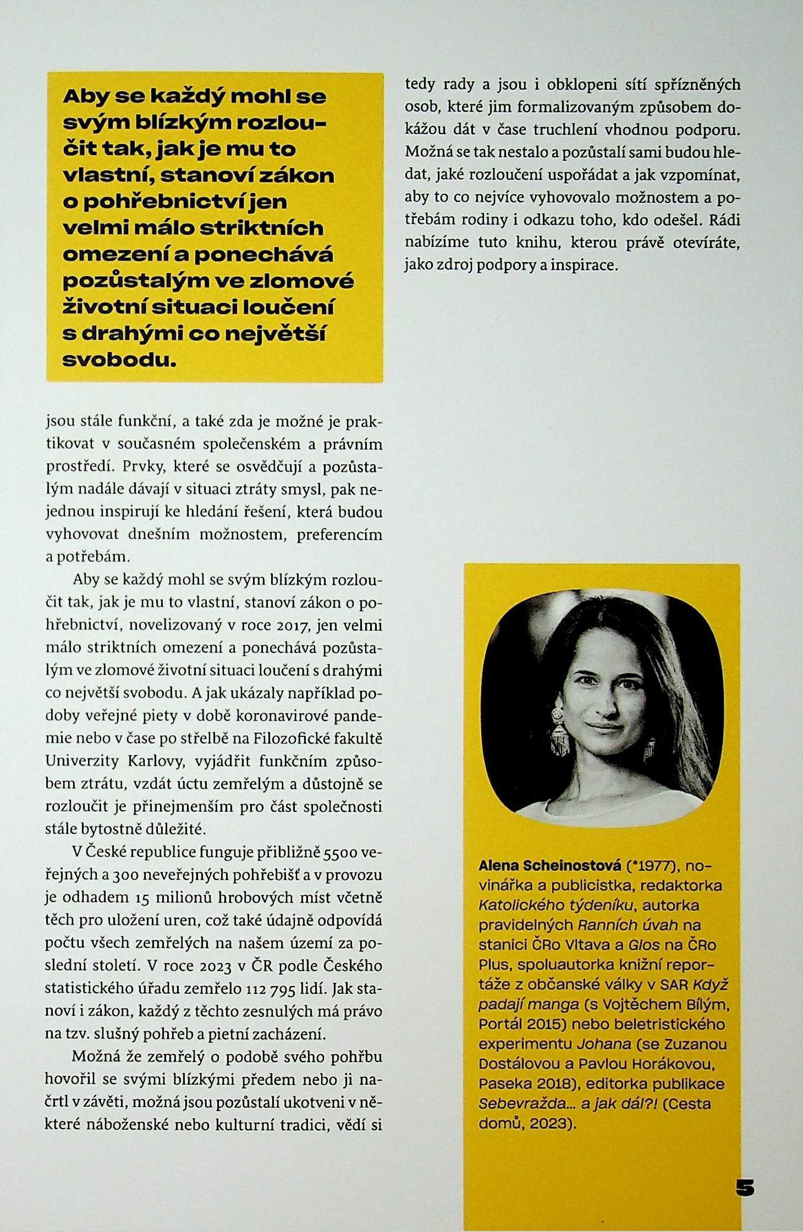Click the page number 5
pos(745,1189)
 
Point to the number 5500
pos(341,853)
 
